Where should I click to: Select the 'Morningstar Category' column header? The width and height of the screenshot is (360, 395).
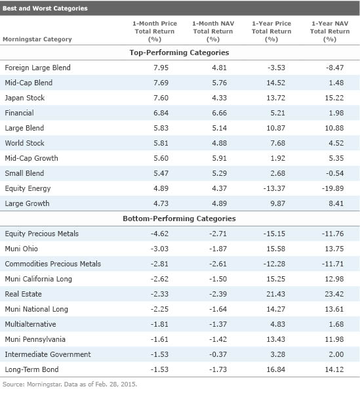click(x=37, y=39)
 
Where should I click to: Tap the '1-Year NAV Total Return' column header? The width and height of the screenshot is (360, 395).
click(x=330, y=31)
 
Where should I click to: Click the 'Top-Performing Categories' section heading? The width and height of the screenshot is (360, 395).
click(x=180, y=52)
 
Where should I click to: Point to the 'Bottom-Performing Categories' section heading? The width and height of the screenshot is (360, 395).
click(x=180, y=218)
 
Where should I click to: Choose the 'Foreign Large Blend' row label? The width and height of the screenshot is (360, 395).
click(x=37, y=68)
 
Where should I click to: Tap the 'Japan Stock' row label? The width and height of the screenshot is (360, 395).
click(x=24, y=98)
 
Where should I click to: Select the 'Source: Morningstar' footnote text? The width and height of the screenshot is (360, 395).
click(x=70, y=385)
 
